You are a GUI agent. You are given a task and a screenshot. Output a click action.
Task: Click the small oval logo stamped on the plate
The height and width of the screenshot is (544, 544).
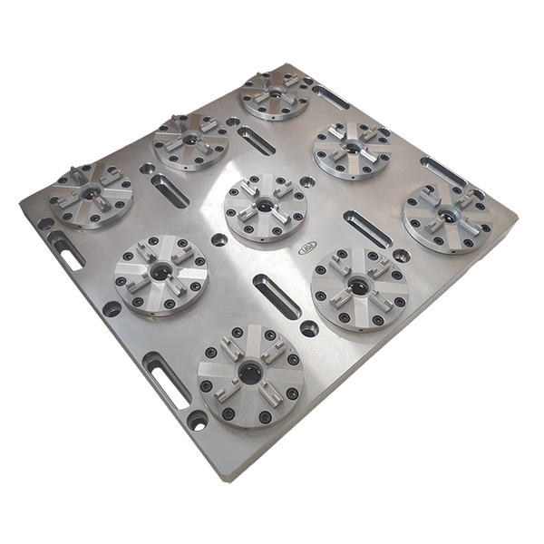click(x=306, y=248)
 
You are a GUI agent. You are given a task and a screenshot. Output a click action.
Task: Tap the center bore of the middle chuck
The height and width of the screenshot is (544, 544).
click(x=265, y=207)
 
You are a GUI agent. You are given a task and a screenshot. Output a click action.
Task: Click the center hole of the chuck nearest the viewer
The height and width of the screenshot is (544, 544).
click(x=249, y=374)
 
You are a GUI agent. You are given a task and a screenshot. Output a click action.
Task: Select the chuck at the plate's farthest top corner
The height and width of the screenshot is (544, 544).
click(x=275, y=96)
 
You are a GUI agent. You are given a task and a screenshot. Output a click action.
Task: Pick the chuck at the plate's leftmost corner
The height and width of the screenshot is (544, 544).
click(x=91, y=194)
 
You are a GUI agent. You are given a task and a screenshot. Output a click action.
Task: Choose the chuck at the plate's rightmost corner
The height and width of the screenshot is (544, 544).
click(x=448, y=218)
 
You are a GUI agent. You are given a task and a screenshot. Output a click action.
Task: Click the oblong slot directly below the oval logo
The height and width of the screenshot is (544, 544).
click(x=276, y=296)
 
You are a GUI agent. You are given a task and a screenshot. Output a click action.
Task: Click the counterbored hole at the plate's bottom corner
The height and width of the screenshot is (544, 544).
click(x=198, y=420)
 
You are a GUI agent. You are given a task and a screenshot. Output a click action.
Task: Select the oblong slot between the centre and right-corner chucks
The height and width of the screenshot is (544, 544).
click(x=367, y=228)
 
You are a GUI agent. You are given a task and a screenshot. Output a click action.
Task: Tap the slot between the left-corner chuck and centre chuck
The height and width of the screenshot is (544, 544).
click(x=170, y=190)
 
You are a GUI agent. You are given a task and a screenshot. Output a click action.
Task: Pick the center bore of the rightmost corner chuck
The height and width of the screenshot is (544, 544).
click(x=448, y=217)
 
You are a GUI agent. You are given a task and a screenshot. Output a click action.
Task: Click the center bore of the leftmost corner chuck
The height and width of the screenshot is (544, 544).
click(x=91, y=193)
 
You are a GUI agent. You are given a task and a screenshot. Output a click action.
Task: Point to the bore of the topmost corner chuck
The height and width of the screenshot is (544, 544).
click(x=275, y=94)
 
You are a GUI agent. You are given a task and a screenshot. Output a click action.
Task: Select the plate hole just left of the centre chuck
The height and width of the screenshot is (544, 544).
click(x=219, y=240)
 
